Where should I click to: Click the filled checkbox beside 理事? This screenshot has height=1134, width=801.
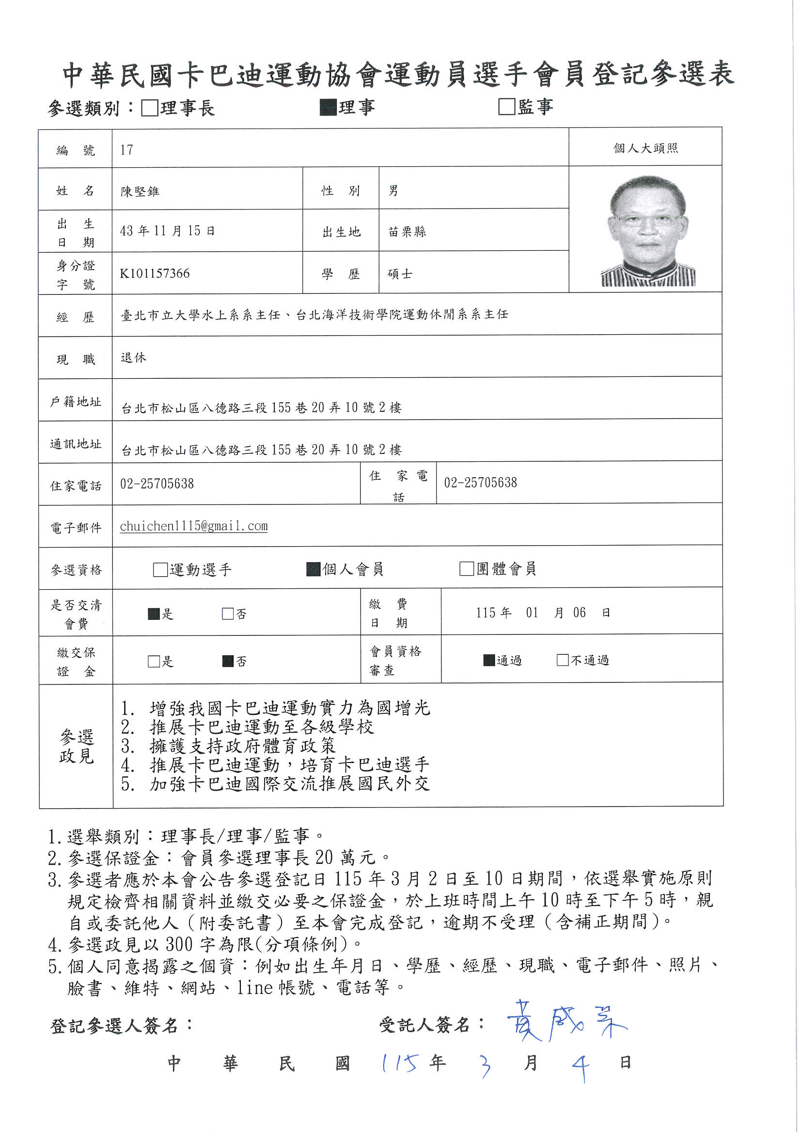328,107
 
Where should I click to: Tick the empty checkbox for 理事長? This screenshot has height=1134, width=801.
149,108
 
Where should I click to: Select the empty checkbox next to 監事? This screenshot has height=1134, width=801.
506,107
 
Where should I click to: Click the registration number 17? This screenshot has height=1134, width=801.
126,150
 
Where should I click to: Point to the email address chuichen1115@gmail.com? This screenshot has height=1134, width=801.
193,526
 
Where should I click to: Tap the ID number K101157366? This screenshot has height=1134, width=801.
155,274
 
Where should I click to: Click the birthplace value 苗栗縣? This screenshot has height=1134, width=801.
407,232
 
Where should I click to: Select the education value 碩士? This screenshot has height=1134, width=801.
400,274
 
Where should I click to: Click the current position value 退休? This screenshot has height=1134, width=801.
133,357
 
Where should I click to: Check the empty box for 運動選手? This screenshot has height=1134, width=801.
160,569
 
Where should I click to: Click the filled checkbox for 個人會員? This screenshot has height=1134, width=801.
314,569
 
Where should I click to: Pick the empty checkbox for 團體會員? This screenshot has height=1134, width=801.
466,569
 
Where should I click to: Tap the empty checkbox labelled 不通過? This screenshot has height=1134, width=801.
562,660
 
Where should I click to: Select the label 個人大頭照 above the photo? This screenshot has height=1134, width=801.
645,148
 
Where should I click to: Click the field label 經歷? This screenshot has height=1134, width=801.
76,317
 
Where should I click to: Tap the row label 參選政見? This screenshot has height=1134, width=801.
76,746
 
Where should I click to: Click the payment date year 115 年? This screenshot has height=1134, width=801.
493,613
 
